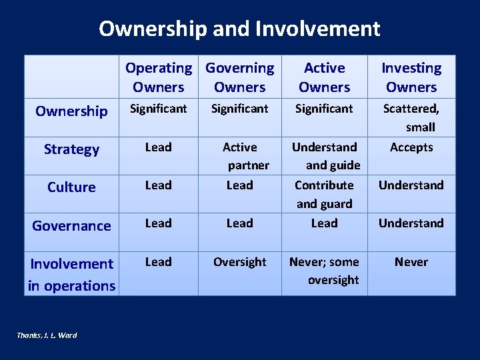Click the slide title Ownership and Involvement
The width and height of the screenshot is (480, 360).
coord(239,29)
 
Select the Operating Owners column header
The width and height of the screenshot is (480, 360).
coord(159,77)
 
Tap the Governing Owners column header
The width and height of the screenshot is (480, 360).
coord(240,77)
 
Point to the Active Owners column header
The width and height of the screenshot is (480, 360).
coord(324,77)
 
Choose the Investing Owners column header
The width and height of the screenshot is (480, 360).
coord(411,77)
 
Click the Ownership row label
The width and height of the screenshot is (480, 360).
coord(71,111)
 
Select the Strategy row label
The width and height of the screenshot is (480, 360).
coord(71,149)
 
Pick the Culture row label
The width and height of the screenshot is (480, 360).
coord(71,187)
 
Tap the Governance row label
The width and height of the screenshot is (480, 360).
coord(71,225)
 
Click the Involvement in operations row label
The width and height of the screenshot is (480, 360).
coord(71,274)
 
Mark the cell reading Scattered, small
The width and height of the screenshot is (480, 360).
coord(411,117)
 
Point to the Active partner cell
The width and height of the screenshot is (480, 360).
coord(240,155)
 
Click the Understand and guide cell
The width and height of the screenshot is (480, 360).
coord(325,155)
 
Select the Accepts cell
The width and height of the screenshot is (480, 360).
coord(411,147)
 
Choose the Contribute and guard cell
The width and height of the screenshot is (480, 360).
coord(324,194)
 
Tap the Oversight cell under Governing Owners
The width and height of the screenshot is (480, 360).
coord(240,262)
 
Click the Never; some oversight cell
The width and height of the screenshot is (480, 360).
coord(324,271)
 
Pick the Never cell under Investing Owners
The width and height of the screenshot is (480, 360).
coord(411,262)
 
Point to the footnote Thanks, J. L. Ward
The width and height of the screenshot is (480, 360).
coord(47,335)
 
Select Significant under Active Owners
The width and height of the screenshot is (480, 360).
coord(324,108)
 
